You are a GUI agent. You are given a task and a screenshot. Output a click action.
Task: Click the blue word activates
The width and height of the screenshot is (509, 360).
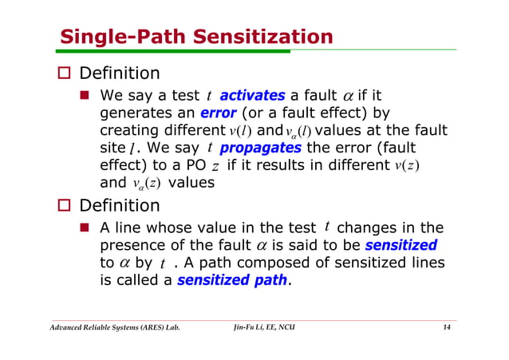pos(252,96)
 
